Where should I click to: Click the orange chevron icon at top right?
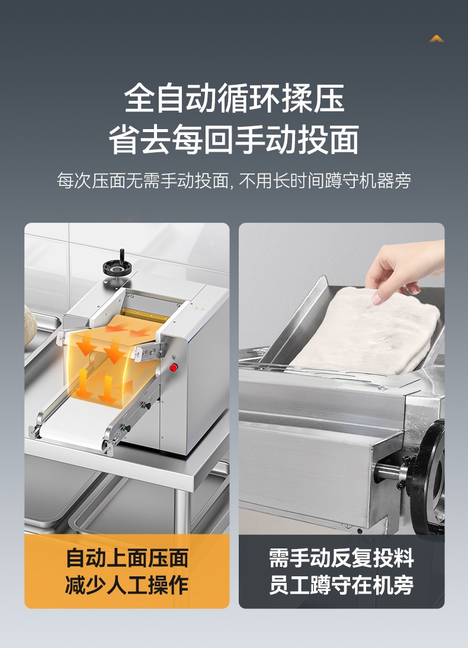[x=437, y=39]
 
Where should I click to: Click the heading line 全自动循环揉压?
[x=235, y=98]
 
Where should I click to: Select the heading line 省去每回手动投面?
[x=234, y=140]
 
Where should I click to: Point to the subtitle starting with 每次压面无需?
[x=234, y=181]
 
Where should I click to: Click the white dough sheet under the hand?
[x=366, y=331]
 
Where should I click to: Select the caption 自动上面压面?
[x=127, y=559]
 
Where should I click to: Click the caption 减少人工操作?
[x=127, y=585]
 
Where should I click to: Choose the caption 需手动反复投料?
[x=341, y=559]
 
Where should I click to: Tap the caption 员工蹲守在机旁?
[x=341, y=585]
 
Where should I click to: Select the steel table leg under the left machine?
[x=182, y=511]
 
